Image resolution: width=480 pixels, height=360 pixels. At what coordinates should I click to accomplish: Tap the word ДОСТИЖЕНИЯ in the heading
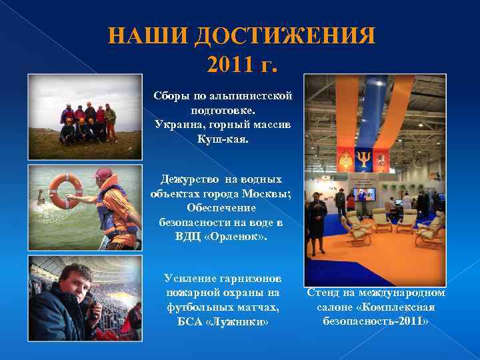(x=284, y=36)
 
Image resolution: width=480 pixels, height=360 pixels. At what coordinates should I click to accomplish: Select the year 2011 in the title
(x=229, y=65)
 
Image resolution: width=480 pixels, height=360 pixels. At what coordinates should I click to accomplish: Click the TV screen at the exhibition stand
(x=366, y=194)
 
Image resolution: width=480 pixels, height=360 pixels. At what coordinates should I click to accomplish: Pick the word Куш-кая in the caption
(x=222, y=139)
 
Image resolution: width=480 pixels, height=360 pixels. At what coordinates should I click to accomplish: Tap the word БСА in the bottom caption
(x=190, y=322)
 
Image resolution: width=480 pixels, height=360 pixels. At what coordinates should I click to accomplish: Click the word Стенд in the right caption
(x=325, y=293)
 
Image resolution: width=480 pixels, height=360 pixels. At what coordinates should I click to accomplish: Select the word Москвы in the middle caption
(x=263, y=193)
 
